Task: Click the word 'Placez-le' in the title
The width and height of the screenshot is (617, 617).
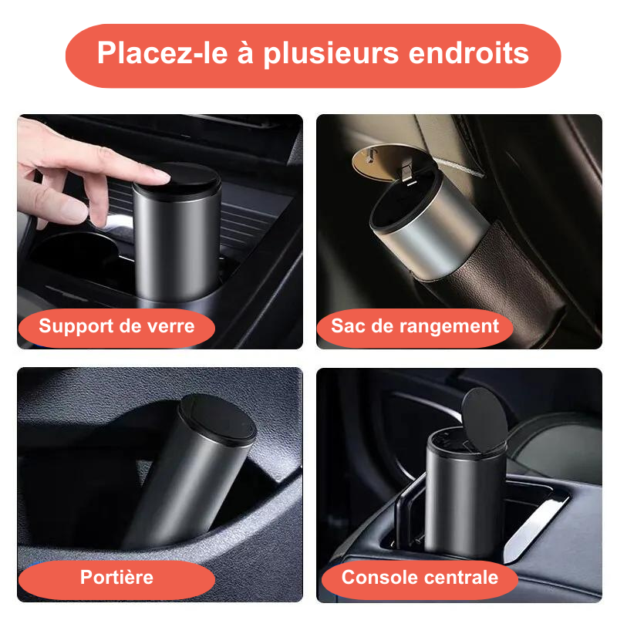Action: (163, 52)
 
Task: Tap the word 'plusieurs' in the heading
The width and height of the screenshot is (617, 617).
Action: (331, 54)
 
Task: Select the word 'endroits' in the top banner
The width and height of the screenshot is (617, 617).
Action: (469, 52)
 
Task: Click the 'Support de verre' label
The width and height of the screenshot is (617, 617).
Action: (116, 326)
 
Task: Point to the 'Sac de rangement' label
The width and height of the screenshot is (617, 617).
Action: (415, 326)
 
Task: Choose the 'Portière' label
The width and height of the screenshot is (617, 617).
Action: (117, 577)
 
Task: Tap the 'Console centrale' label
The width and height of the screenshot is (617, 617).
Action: (420, 577)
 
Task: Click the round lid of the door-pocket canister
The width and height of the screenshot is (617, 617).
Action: (217, 417)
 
